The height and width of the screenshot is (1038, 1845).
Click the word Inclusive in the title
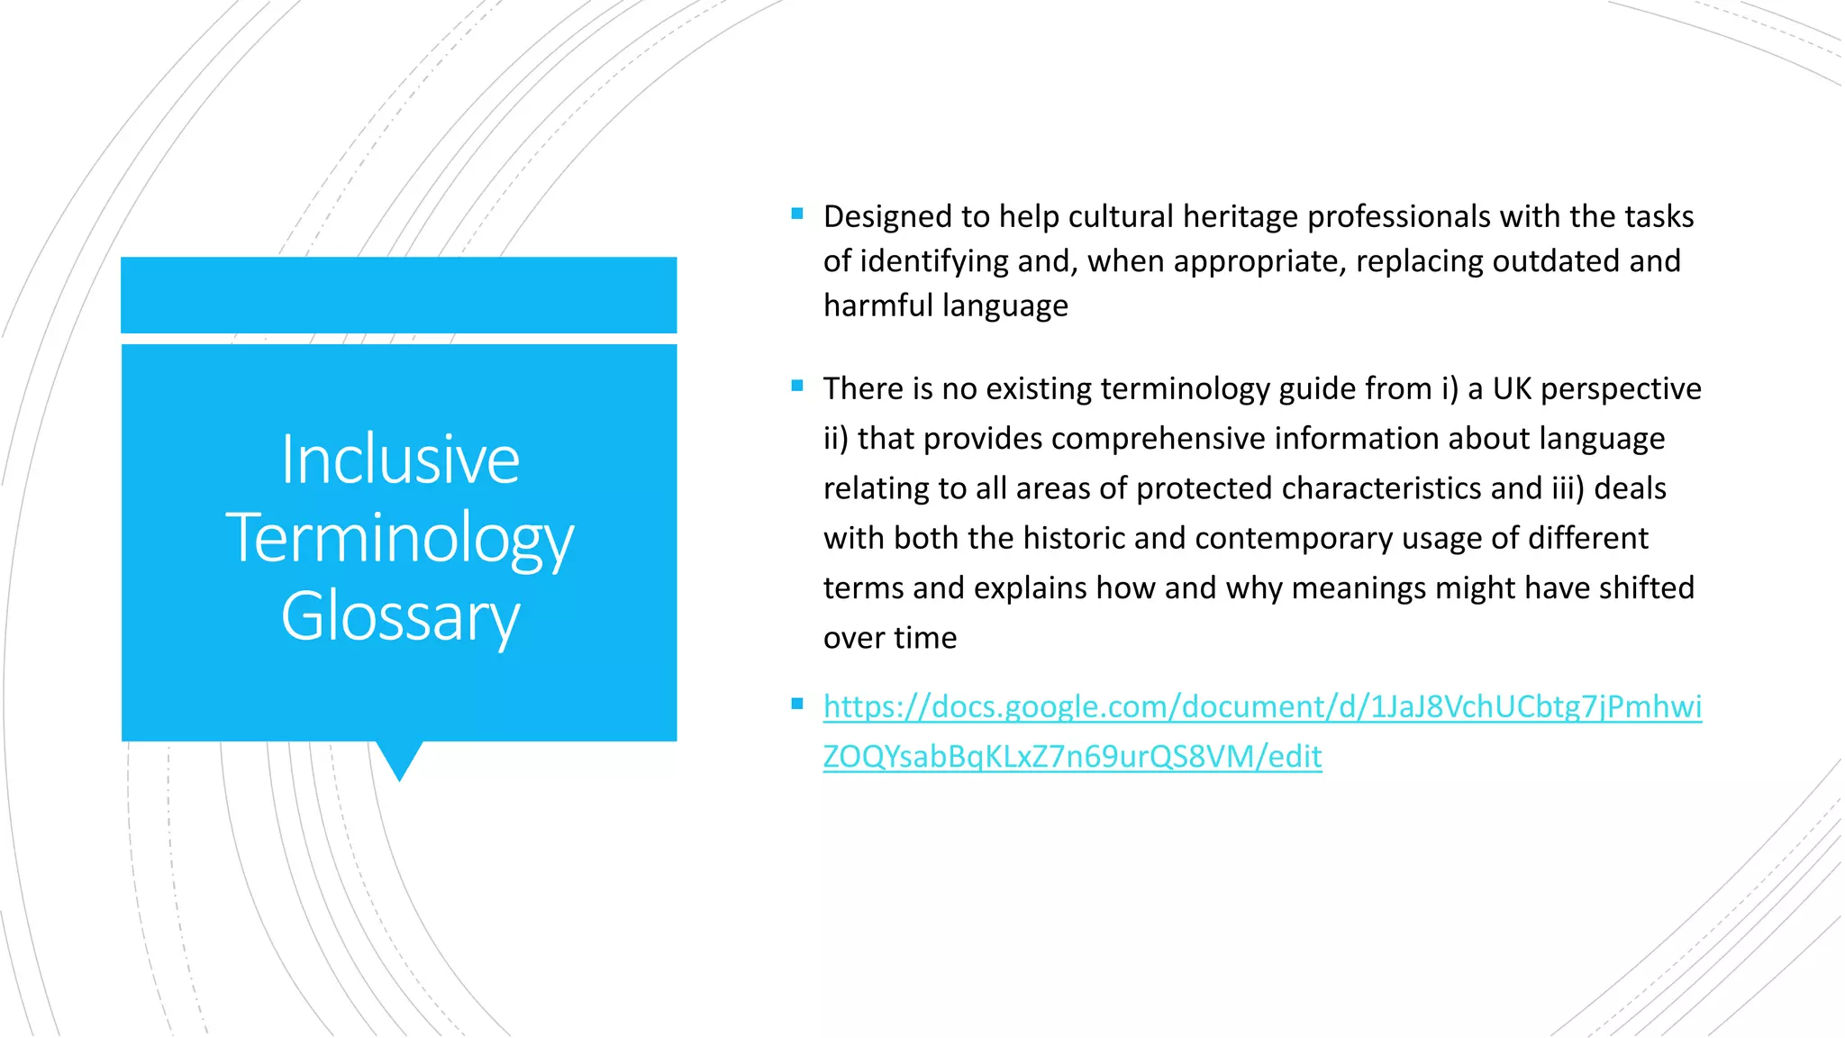(x=400, y=460)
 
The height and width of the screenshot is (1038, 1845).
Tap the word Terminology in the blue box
(x=400, y=539)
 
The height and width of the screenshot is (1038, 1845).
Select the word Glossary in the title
(x=400, y=617)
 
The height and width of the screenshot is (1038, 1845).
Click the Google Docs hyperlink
(x=1261, y=707)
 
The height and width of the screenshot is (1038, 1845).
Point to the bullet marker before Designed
(x=797, y=214)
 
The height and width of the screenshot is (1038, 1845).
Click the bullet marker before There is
(x=797, y=387)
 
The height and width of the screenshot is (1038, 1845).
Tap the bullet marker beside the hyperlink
(x=797, y=705)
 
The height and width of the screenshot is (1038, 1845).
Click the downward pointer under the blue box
(x=399, y=760)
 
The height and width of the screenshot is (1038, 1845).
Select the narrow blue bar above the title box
(x=399, y=295)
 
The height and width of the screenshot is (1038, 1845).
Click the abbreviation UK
(x=1512, y=389)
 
